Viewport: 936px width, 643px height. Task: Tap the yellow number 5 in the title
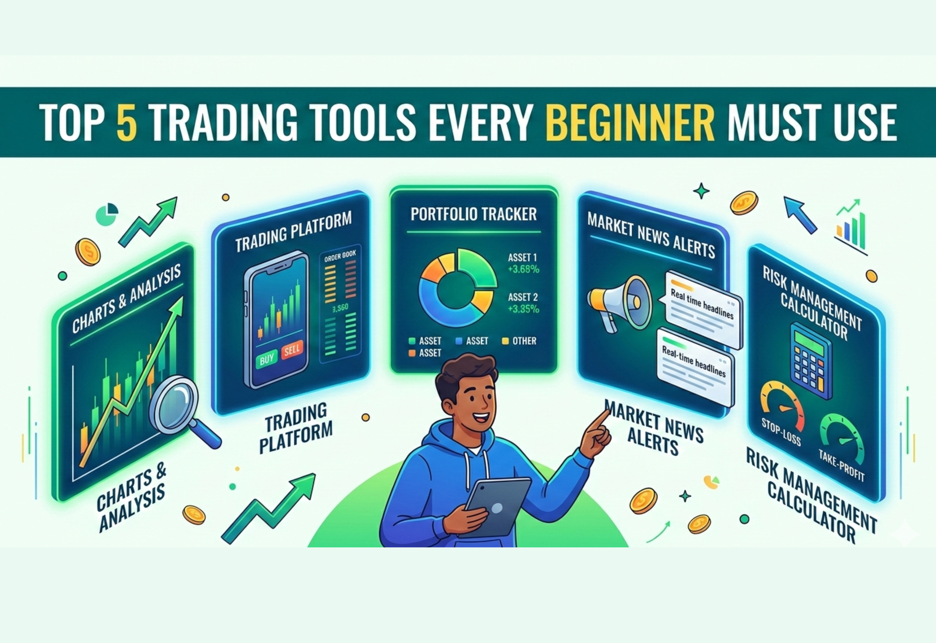[127, 122]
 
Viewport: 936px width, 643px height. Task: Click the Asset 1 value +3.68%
[523, 269]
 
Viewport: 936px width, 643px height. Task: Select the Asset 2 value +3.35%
[523, 309]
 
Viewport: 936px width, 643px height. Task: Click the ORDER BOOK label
[340, 256]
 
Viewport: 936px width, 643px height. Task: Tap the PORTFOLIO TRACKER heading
[473, 214]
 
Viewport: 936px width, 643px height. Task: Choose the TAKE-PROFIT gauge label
[842, 467]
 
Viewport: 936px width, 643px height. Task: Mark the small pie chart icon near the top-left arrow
[107, 214]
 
